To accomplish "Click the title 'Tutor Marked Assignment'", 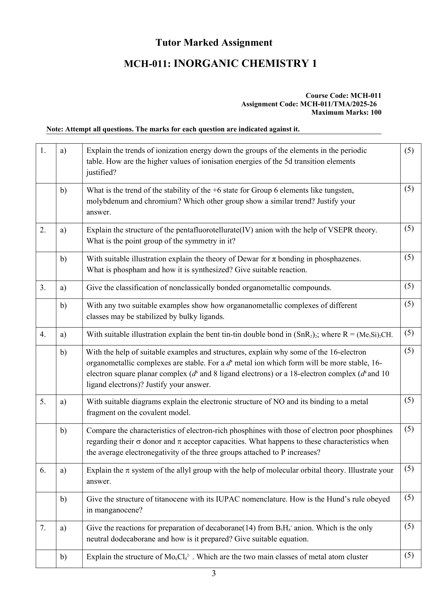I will coord(214,43).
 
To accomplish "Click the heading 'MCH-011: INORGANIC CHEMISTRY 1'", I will coord(220,64).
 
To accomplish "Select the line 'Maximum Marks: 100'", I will coord(346,112).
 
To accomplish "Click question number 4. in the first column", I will coord(43,334).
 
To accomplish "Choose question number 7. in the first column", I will coord(43,528).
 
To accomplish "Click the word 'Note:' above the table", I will coord(55,129).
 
